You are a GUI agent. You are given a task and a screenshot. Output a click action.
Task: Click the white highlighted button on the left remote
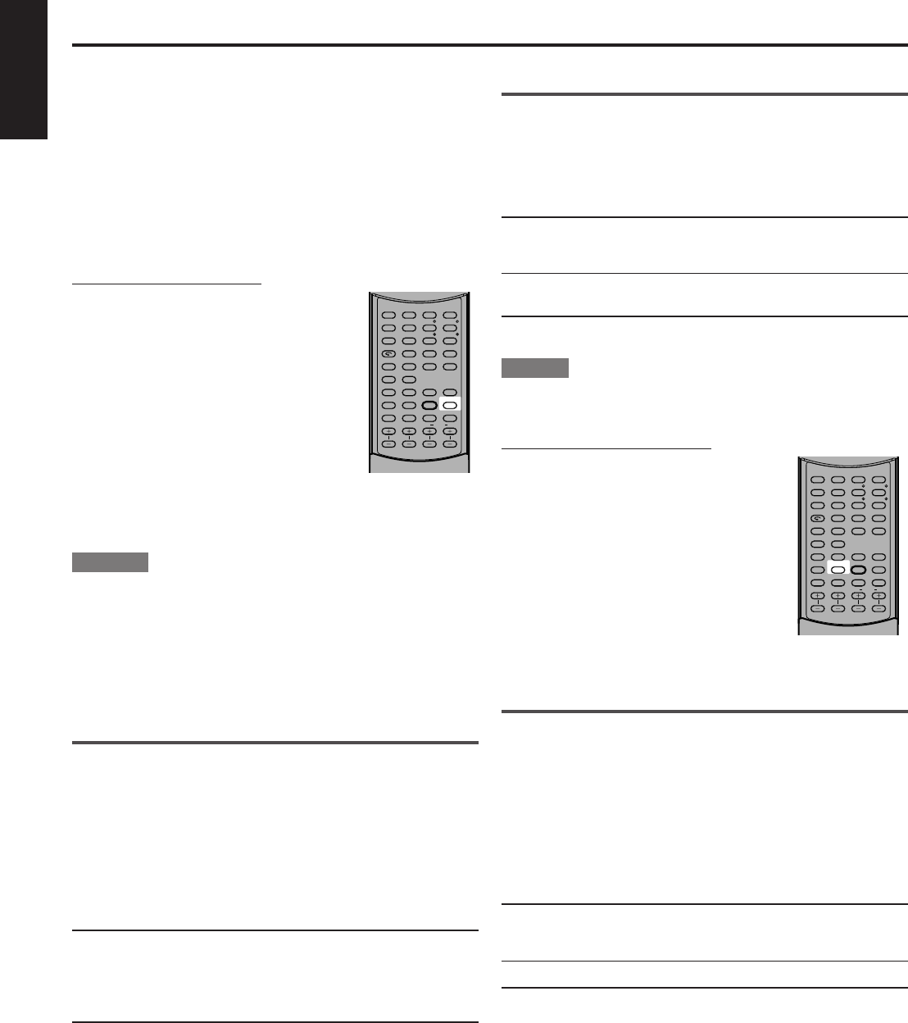pyautogui.click(x=450, y=405)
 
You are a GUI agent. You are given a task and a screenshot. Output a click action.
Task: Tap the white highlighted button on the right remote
pyautogui.click(x=838, y=569)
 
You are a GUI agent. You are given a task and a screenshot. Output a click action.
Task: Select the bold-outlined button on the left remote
pyautogui.click(x=429, y=405)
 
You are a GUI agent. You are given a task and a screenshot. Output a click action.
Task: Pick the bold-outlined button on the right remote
pyautogui.click(x=858, y=569)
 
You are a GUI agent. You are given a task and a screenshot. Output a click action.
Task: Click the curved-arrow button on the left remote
pyautogui.click(x=388, y=353)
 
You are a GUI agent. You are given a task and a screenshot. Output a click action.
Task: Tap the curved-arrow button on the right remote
pyautogui.click(x=817, y=517)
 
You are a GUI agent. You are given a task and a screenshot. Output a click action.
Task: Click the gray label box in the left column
pyautogui.click(x=110, y=562)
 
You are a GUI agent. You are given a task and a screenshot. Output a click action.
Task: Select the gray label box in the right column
pyautogui.click(x=535, y=368)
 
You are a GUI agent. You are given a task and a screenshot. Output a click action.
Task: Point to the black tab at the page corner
pyautogui.click(x=24, y=70)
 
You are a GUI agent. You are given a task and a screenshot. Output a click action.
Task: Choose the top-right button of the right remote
pyautogui.click(x=879, y=480)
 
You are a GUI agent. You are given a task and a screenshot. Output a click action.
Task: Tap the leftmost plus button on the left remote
pyautogui.click(x=388, y=431)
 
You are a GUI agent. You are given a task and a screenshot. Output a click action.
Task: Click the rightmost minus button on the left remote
pyautogui.click(x=450, y=443)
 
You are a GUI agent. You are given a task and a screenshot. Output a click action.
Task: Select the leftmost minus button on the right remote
pyautogui.click(x=817, y=607)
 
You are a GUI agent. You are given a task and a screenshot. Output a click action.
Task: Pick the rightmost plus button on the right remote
pyautogui.click(x=879, y=595)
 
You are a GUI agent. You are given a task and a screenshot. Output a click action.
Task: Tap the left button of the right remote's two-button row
pyautogui.click(x=817, y=543)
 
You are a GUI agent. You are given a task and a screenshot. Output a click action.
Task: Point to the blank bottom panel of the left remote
pyautogui.click(x=419, y=461)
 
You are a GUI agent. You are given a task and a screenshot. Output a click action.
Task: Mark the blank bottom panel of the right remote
pyautogui.click(x=848, y=625)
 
